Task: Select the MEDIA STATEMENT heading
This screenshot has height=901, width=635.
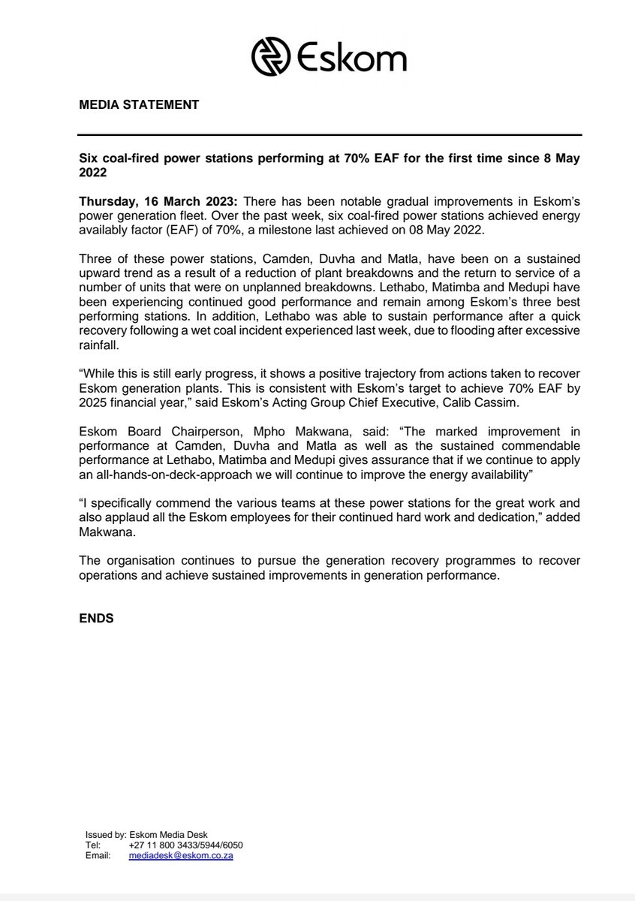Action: (x=139, y=105)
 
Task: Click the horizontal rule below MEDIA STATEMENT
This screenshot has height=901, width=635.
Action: (x=330, y=135)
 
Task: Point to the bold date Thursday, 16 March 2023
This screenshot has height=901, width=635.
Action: (x=160, y=202)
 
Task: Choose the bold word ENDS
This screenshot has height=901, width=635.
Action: (x=96, y=619)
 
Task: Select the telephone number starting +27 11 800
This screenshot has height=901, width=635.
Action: (x=185, y=845)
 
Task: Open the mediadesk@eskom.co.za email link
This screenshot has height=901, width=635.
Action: (x=180, y=855)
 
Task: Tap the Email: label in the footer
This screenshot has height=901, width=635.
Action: (x=98, y=855)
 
